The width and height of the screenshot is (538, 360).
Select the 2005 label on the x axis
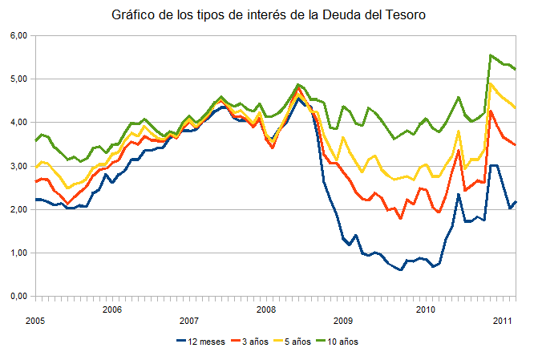click(34, 321)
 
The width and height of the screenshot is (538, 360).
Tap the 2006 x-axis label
click(112, 309)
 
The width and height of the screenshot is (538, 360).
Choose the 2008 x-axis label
click(268, 309)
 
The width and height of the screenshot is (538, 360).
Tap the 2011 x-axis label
click(502, 321)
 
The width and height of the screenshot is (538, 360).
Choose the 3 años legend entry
click(250, 342)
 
